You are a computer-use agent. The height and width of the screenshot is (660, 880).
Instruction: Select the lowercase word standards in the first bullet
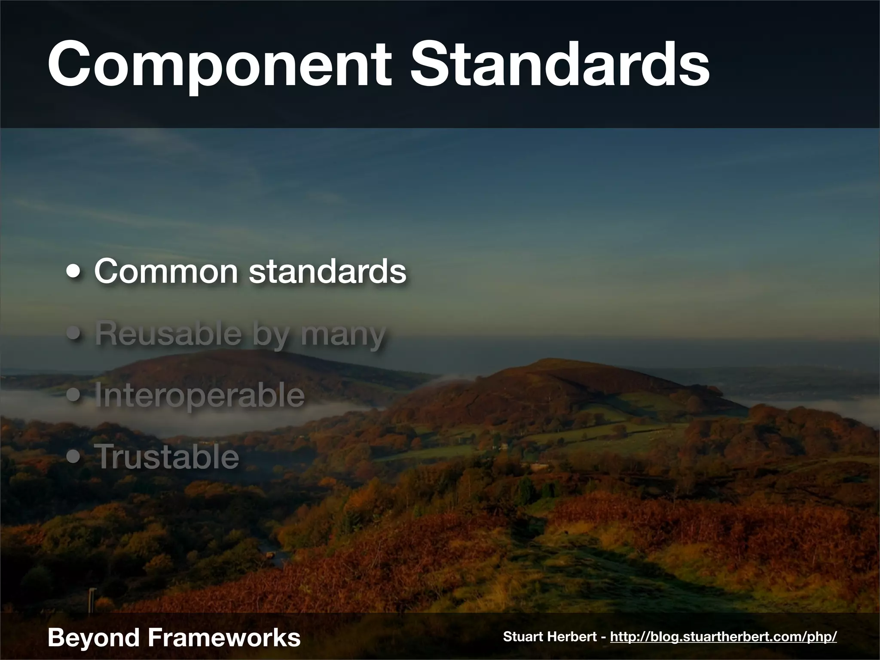(327, 271)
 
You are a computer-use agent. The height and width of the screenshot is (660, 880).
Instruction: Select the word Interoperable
(199, 395)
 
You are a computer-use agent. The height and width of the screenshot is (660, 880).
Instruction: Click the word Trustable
(166, 457)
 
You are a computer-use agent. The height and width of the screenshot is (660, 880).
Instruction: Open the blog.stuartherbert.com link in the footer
(723, 637)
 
